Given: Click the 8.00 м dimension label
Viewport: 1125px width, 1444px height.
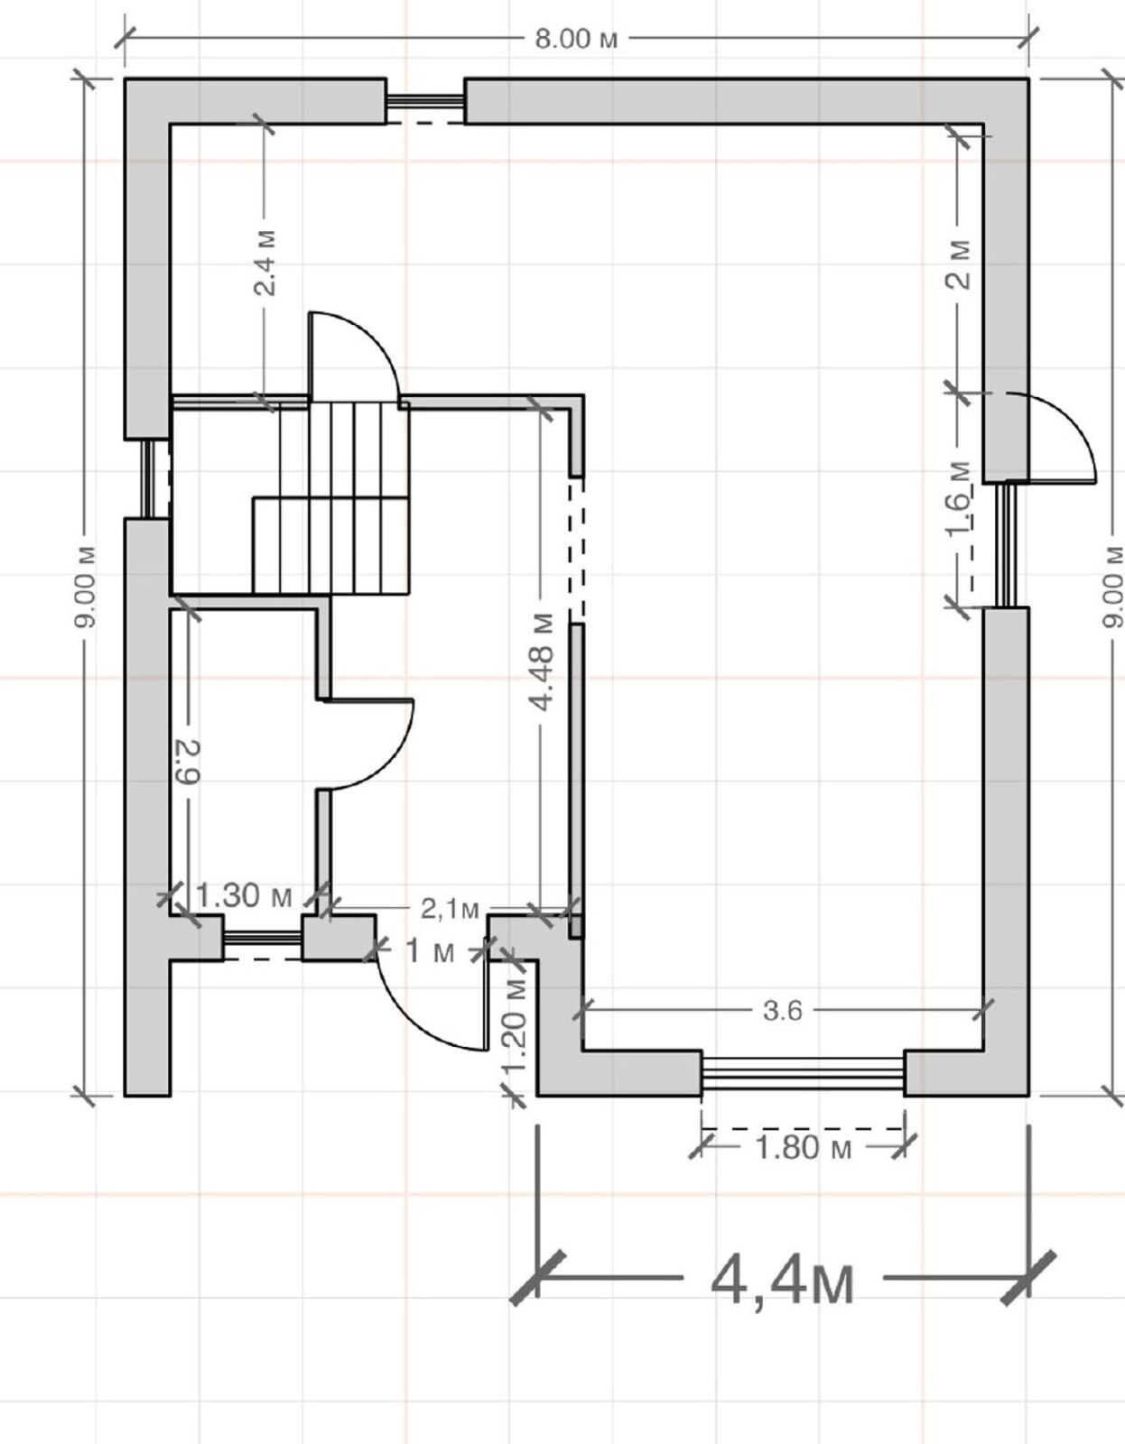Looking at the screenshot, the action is (576, 39).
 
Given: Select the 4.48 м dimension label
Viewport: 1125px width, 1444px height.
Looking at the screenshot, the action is (543, 662).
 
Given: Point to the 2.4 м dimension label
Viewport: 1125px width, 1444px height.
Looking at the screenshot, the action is (265, 264).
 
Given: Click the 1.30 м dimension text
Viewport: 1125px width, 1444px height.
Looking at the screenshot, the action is (244, 896).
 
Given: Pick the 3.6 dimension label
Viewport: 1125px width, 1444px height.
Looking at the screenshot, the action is (783, 1011).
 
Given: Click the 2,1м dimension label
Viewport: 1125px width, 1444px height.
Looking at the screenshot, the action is (450, 909).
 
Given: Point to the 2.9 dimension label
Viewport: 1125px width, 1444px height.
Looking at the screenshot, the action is (188, 763).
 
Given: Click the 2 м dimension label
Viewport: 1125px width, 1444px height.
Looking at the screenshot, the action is (958, 264).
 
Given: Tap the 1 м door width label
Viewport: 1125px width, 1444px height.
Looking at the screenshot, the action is (430, 952).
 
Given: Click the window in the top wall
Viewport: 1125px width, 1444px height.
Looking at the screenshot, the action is (425, 102).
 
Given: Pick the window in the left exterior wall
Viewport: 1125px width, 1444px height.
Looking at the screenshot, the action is (150, 479).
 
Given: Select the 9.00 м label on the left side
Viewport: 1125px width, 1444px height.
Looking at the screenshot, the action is (85, 587).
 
